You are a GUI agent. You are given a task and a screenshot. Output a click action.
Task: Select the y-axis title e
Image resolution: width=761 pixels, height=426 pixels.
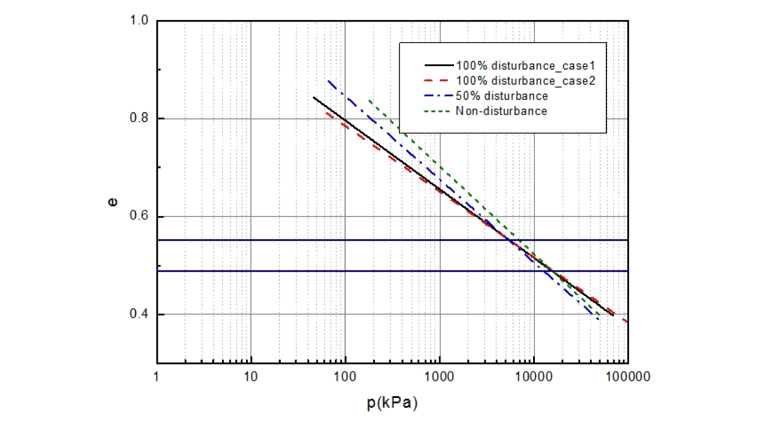113,202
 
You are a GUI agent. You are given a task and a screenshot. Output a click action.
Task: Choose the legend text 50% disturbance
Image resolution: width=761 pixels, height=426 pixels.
501,95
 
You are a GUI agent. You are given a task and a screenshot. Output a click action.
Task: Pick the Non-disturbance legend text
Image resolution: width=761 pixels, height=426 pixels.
501,110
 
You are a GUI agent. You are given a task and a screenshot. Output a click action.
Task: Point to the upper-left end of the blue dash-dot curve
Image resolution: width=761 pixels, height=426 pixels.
329,81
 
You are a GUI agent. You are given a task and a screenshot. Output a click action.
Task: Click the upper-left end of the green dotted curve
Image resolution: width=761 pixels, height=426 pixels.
369,101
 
